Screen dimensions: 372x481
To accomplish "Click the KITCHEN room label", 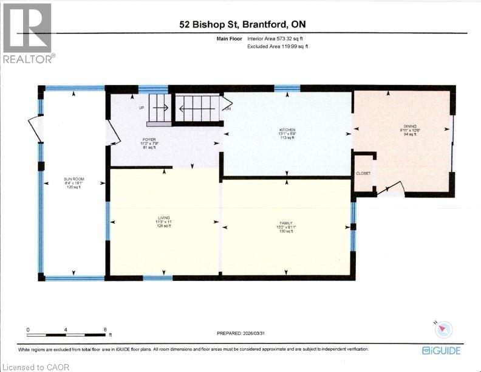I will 287,130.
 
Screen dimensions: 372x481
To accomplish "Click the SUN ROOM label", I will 73,179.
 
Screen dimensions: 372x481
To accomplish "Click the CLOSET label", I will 363,173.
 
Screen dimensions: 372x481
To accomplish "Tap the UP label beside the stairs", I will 142,108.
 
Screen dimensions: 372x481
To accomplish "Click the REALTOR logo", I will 28,33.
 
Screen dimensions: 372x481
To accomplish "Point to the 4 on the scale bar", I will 66,329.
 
